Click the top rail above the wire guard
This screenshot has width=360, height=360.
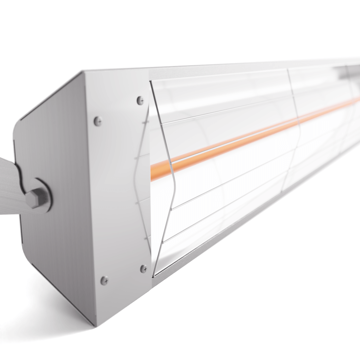(x=233, y=68)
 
